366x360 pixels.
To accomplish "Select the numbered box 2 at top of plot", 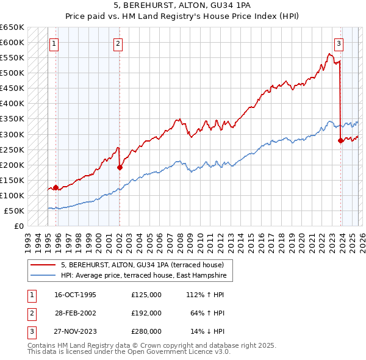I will point(117,43).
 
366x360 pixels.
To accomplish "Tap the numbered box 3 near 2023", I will point(339,43).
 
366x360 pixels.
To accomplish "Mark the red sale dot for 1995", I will point(56,187).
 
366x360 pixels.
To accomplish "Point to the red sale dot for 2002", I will point(120,167).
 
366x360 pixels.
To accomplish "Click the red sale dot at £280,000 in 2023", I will point(340,140).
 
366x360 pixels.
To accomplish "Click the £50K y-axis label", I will point(15,211).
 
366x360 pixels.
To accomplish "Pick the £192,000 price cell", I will point(146,313).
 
